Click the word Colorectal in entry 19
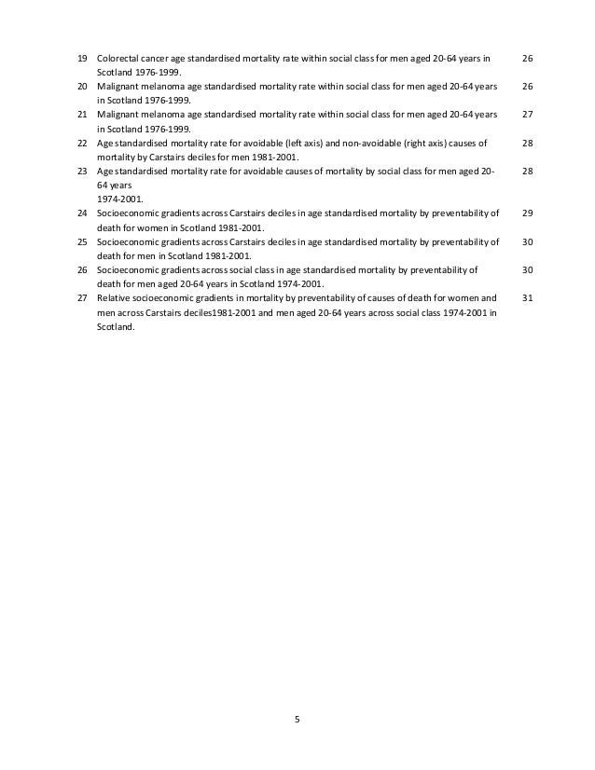click(118, 59)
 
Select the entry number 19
click(81, 59)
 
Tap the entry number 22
click(81, 144)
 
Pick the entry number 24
click(81, 213)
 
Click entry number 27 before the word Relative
click(81, 298)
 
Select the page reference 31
click(527, 298)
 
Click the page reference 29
click(527, 213)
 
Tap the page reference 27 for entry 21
click(527, 116)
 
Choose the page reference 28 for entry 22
click(527, 144)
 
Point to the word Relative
click(116, 298)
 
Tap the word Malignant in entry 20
click(118, 87)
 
